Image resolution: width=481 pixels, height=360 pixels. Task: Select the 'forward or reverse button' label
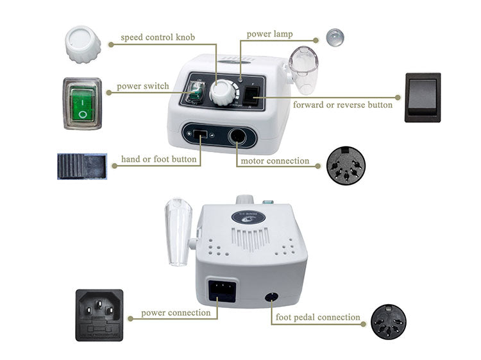click(342, 105)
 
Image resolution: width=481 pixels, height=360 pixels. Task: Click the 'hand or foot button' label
click(159, 159)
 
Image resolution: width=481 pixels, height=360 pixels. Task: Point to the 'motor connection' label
click(274, 161)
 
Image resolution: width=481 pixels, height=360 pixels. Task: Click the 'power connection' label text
click(176, 313)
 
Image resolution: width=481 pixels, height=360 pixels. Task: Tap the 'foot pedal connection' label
click(317, 317)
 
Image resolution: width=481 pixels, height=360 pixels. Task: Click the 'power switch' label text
click(143, 86)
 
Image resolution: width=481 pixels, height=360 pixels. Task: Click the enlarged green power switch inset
click(81, 104)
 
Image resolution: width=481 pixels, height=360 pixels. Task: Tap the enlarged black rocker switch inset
click(422, 97)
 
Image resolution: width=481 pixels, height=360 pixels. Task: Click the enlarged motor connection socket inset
click(345, 166)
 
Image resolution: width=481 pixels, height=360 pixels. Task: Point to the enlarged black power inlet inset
click(99, 314)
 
